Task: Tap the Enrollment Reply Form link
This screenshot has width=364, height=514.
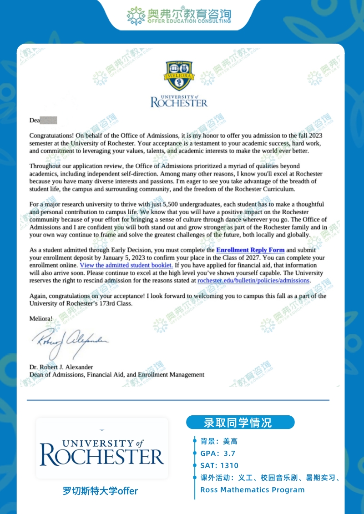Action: (x=250, y=250)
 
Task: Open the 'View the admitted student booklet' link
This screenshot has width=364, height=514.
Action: (x=126, y=265)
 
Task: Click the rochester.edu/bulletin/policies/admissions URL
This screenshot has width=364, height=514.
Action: (x=253, y=281)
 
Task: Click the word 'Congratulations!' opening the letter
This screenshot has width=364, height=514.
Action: (x=51, y=136)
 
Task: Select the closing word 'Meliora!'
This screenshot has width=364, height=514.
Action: (x=40, y=318)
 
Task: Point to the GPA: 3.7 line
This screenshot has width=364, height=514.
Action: (x=218, y=454)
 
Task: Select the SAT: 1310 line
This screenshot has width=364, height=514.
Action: (x=219, y=465)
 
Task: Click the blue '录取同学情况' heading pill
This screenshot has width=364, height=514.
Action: (x=240, y=423)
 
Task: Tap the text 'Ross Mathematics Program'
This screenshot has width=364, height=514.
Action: (x=253, y=490)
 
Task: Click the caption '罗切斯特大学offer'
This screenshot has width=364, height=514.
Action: (x=101, y=491)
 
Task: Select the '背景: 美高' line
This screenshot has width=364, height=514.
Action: (x=219, y=441)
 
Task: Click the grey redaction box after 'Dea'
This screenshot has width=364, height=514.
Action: (x=49, y=120)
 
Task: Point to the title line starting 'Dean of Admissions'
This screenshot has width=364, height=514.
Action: (x=117, y=374)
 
